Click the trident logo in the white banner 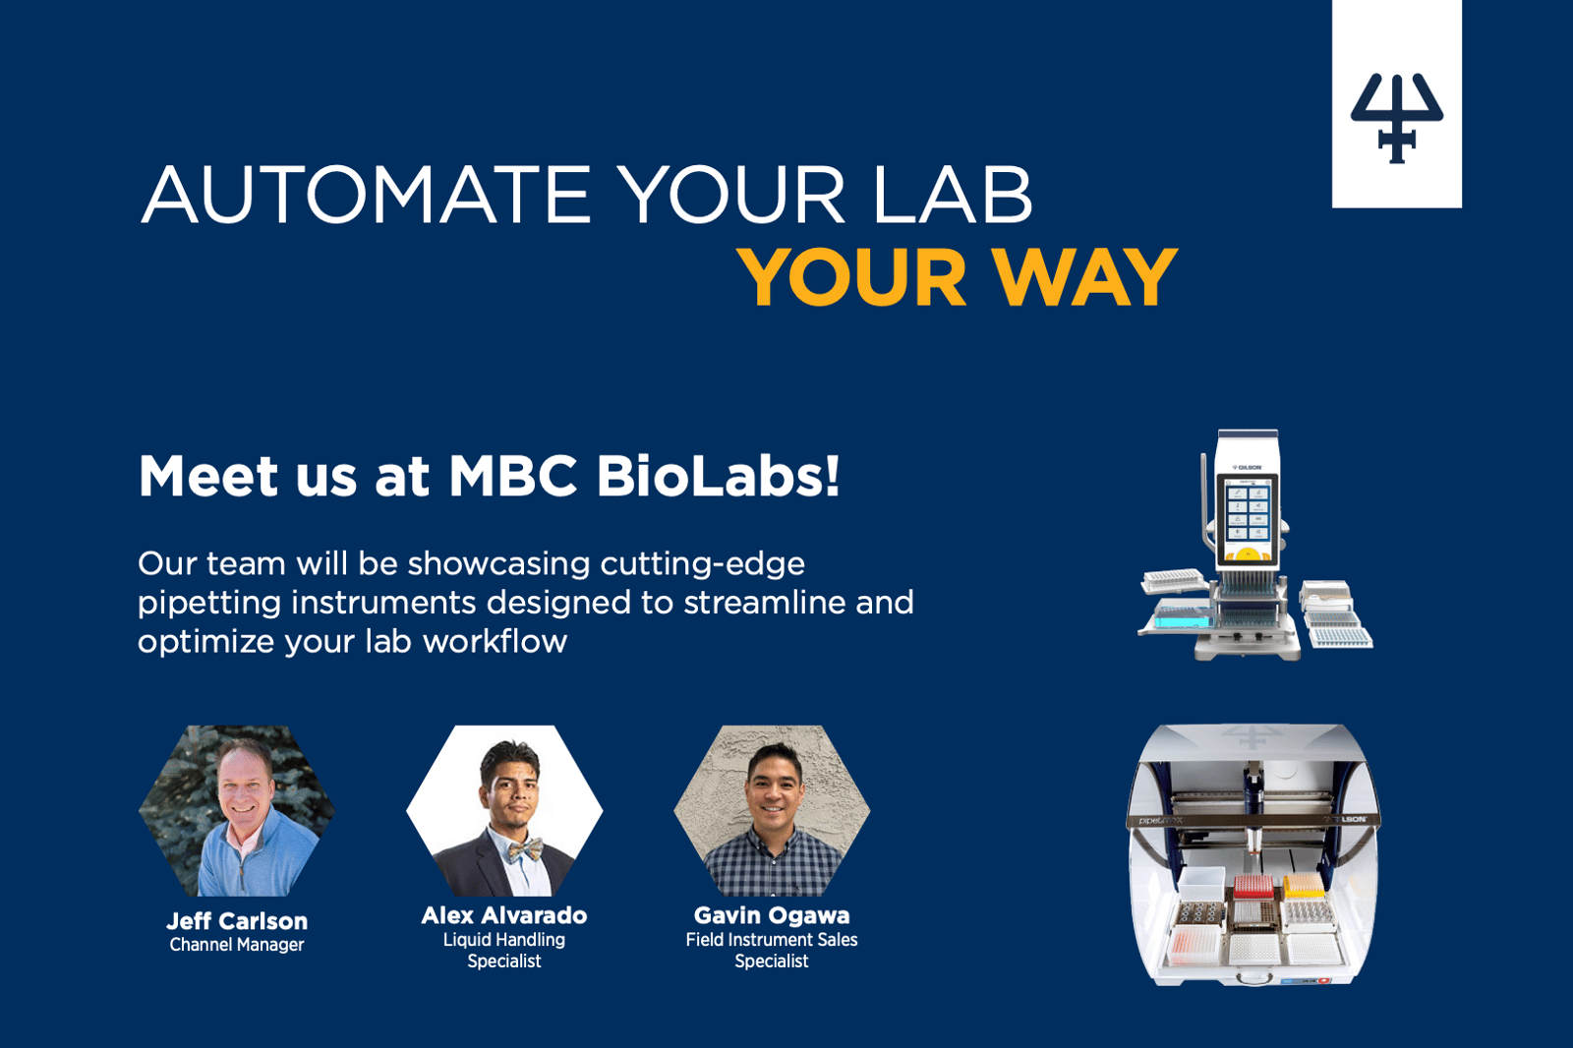(1397, 118)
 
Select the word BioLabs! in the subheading (718, 476)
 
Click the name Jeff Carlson (237, 921)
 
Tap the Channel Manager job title (237, 945)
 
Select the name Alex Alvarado (504, 915)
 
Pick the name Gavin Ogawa (772, 915)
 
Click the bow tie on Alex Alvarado (525, 850)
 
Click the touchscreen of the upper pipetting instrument (1248, 518)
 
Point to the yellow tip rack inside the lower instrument (1304, 885)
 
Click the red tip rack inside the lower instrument (1253, 887)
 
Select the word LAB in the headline (954, 195)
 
